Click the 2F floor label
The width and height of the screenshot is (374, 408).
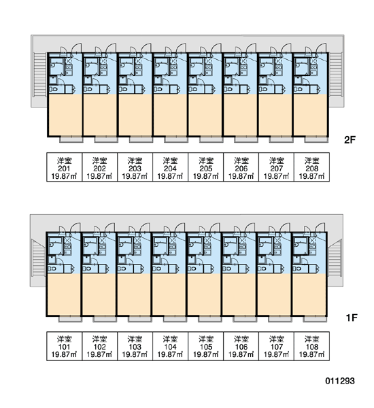coord(350,140)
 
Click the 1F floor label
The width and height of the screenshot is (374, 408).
coord(352,318)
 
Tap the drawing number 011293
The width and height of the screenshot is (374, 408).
coord(340,381)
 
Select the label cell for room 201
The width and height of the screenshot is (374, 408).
coord(65,167)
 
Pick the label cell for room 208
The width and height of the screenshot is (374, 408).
coord(311,167)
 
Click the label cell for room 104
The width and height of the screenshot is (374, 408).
coord(170,346)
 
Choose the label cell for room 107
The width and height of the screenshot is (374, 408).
coord(276,346)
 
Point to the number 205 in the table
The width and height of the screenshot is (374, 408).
coord(205,169)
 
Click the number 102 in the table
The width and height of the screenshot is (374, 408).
coord(100,347)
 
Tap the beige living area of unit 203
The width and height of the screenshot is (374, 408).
coord(135,115)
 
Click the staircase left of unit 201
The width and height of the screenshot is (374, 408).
coord(40,75)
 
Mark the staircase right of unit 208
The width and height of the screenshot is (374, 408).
coord(335,75)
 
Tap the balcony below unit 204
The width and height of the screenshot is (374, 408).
coord(176,139)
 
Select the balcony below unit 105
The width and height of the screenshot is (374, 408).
coord(209,318)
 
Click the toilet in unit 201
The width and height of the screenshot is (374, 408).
coord(54,89)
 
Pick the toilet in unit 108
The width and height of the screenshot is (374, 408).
coord(297,269)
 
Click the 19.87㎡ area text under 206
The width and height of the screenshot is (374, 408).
coord(241,176)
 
